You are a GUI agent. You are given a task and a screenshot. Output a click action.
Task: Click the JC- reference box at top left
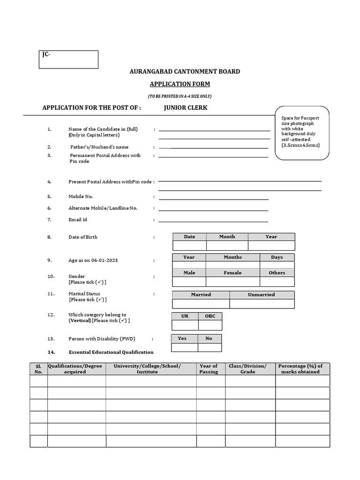tap(68, 60)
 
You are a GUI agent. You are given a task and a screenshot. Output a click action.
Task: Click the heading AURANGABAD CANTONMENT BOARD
tap(185, 72)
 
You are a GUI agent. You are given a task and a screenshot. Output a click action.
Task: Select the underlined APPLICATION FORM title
tap(180, 84)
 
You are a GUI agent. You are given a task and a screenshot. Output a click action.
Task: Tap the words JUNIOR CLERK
tap(186, 108)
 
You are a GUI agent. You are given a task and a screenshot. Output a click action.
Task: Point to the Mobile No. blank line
tap(213, 198)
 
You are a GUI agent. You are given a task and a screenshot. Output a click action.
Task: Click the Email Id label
tap(78, 219)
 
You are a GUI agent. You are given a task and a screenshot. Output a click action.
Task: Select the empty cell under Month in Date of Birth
tap(227, 246)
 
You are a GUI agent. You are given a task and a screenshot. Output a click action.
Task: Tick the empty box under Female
tap(232, 282)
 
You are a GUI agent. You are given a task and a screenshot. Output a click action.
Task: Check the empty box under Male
tap(189, 282)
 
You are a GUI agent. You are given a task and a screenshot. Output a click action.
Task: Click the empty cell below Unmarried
tap(262, 304)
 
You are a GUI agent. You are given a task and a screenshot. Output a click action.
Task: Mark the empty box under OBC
tap(210, 325)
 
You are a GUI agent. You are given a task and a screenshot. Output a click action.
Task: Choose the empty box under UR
tap(185, 325)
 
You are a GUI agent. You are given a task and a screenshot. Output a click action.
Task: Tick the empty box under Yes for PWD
tap(184, 347)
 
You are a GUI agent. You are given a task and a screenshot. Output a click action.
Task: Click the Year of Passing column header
tap(209, 369)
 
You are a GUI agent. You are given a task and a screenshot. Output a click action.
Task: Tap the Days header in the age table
tap(277, 257)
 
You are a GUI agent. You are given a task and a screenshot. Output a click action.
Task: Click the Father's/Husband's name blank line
tap(213, 148)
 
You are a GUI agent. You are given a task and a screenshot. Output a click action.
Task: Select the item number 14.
tap(51, 352)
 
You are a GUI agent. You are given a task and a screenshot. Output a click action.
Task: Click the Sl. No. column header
tap(38, 369)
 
